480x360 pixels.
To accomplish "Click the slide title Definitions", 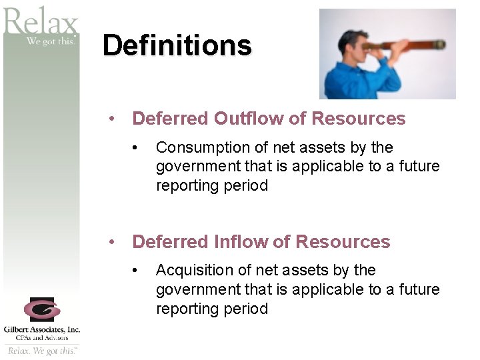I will click(177, 45).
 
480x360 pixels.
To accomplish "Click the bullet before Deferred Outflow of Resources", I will click(115, 119).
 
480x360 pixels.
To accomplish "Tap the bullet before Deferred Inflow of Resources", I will click(115, 241).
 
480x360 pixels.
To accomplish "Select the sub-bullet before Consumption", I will click(136, 147).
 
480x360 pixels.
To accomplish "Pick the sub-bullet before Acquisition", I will click(136, 270).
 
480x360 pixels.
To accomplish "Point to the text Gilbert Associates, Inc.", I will click(41, 329).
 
